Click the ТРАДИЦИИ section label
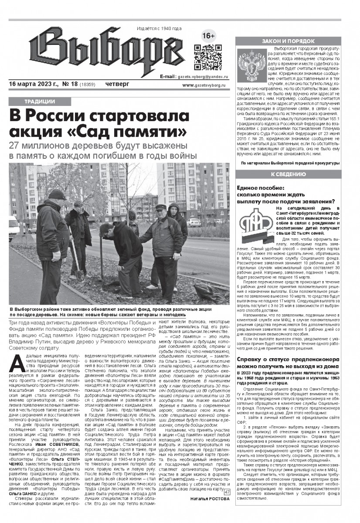pos(40,102)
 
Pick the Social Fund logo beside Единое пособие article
pos(255,225)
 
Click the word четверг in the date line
pos(117,84)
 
